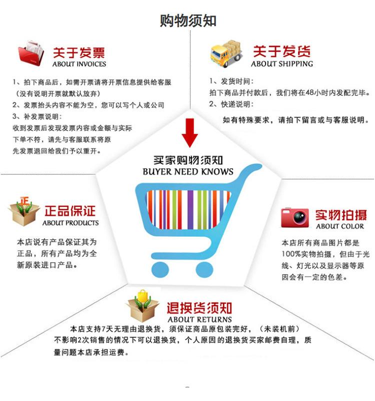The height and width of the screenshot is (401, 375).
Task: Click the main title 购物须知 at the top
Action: point(187,20)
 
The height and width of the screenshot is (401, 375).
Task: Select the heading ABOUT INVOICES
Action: point(79,64)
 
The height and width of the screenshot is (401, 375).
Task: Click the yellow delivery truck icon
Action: point(226,52)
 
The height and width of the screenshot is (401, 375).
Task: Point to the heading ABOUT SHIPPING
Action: point(281,64)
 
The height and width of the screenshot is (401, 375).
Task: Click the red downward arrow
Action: point(189,133)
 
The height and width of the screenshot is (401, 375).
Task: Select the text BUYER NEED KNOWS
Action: point(188,172)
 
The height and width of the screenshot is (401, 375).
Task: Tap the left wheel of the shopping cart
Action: point(160,269)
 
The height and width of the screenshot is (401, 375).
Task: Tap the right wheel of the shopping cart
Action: point(204,269)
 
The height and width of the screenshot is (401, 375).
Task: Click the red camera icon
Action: point(295,217)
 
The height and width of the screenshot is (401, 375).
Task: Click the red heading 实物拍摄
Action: point(340,215)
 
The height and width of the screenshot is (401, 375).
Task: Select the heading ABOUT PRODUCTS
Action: point(70,223)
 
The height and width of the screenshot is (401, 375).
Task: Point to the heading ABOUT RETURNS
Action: point(199,319)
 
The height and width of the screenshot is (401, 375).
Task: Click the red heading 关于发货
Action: point(281,51)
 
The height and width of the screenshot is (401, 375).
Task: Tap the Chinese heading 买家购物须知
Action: point(188,160)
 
